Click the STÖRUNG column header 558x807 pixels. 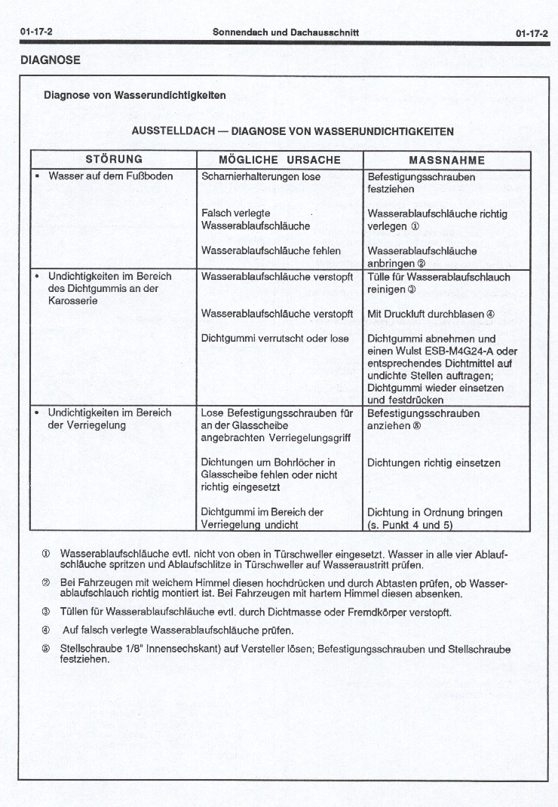(x=114, y=160)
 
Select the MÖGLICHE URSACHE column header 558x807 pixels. (x=280, y=160)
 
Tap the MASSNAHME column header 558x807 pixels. (x=446, y=160)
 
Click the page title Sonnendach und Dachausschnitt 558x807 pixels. (x=286, y=32)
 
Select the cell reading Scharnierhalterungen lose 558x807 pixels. (x=261, y=176)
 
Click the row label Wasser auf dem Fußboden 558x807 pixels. (x=110, y=176)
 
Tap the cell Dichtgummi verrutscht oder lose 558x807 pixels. (x=275, y=339)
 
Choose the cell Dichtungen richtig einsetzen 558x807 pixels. (x=434, y=463)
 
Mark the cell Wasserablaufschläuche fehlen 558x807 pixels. (x=271, y=250)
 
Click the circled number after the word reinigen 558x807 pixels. (x=412, y=290)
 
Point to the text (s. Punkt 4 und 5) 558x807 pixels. (x=409, y=525)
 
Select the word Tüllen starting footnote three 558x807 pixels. (x=75, y=612)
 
